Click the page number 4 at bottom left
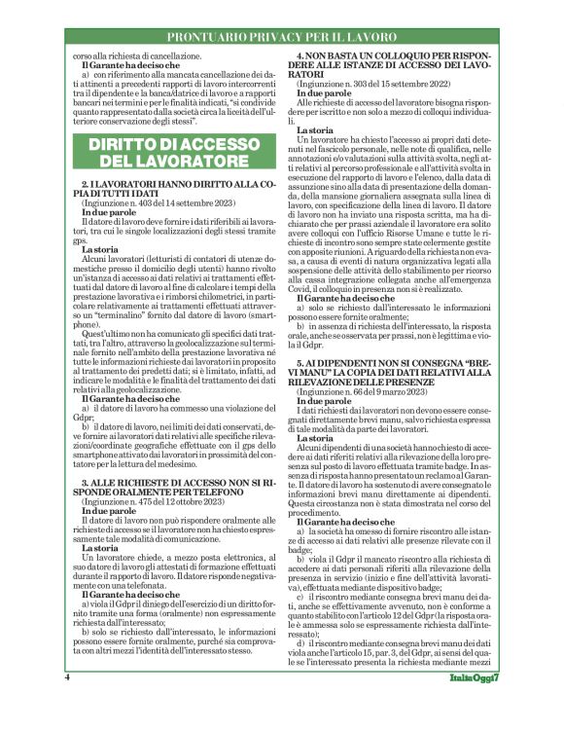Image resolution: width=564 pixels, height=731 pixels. click(x=67, y=705)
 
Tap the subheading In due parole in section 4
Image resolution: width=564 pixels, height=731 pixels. click(x=324, y=93)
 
